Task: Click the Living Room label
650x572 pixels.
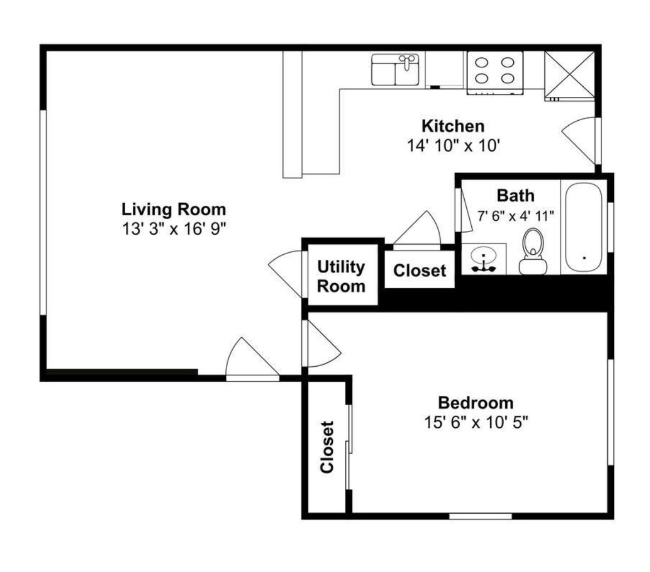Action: point(174,210)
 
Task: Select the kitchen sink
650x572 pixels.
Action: point(395,70)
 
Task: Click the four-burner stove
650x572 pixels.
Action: point(494,71)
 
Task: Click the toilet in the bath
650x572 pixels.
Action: point(532,252)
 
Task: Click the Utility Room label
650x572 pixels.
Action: point(341,277)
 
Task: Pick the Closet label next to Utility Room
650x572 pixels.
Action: point(420,271)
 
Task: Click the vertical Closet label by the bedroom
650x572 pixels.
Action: point(327,447)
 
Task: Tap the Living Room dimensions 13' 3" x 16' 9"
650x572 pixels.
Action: point(174,228)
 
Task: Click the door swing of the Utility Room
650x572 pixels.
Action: point(287,272)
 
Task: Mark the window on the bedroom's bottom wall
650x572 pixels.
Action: point(480,516)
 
